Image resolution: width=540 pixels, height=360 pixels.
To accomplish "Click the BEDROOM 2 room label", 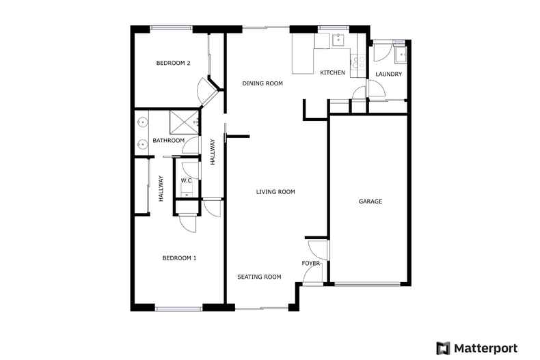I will (x=173, y=64).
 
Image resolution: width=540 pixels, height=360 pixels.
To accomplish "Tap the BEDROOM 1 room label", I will (x=179, y=258).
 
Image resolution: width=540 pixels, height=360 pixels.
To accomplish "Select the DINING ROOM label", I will (x=262, y=83).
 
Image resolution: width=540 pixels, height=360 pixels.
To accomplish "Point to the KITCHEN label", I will (x=333, y=73).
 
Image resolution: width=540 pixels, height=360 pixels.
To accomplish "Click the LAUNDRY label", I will (x=389, y=74).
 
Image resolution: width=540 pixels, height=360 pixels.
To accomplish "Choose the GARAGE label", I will (x=370, y=202).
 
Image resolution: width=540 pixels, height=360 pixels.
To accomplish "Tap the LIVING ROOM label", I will (x=275, y=192).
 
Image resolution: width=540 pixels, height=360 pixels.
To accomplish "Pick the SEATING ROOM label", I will (x=259, y=277).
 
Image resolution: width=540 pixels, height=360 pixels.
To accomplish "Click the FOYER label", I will (x=311, y=263).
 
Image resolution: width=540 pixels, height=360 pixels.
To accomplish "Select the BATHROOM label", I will (x=168, y=141).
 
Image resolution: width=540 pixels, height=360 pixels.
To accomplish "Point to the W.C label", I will (x=185, y=180).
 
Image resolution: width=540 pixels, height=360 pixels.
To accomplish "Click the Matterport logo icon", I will (x=444, y=347).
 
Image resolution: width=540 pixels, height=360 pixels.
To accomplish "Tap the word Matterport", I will (x=487, y=347).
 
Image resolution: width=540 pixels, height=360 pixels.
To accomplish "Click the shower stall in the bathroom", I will (x=185, y=122).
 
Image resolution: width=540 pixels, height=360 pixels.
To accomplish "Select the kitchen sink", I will (x=338, y=40).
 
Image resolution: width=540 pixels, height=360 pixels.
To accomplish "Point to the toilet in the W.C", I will (x=187, y=191).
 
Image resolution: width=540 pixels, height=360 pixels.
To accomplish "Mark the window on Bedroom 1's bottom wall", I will (x=178, y=309).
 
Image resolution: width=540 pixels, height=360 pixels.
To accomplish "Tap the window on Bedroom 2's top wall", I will (x=171, y=28).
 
